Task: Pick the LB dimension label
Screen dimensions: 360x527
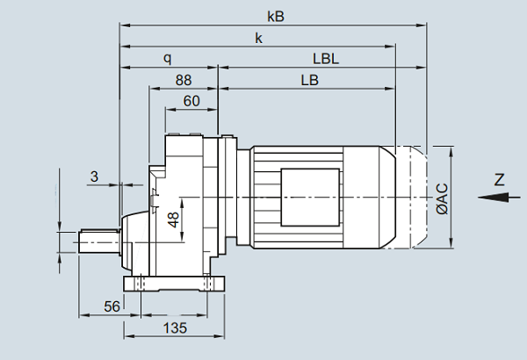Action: (x=309, y=80)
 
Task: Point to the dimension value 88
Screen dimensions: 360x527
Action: (x=183, y=80)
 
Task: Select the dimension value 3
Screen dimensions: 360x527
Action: (x=94, y=176)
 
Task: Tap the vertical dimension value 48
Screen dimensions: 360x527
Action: (x=174, y=220)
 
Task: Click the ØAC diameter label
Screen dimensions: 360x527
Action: (x=441, y=198)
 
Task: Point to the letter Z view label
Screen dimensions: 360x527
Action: (x=499, y=180)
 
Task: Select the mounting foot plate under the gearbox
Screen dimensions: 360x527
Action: (x=176, y=285)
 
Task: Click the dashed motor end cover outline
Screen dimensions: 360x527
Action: (x=417, y=198)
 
